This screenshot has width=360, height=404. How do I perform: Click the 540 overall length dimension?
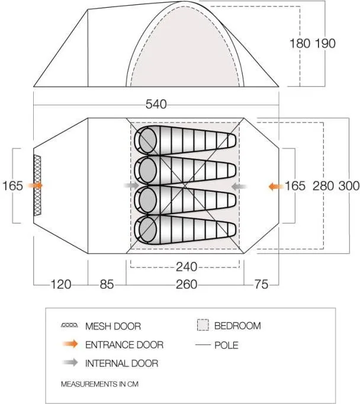click(156, 104)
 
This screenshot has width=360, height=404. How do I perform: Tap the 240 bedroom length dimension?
click(187, 267)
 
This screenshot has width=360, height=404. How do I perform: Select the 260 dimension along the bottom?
click(187, 285)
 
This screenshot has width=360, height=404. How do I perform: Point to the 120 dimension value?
click(61, 285)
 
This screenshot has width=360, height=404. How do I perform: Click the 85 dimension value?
click(107, 285)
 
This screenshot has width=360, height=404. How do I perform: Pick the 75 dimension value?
click(261, 285)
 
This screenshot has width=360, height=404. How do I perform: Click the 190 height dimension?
click(326, 43)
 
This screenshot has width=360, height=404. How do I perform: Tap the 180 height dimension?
click(300, 43)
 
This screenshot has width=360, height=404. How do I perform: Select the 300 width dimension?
click(349, 186)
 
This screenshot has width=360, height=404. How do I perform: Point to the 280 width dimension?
click(323, 186)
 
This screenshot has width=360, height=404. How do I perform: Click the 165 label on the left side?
click(12, 186)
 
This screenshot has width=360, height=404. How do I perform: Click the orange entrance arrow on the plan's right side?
click(276, 186)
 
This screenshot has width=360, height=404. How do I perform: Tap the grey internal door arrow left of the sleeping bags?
click(131, 185)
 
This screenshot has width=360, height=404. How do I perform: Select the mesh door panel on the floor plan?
click(37, 185)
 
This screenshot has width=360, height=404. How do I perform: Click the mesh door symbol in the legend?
click(69, 325)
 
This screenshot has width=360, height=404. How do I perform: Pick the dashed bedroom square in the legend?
click(203, 325)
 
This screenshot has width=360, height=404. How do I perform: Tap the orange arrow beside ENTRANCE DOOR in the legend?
click(70, 344)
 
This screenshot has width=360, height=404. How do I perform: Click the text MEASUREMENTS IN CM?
click(100, 384)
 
